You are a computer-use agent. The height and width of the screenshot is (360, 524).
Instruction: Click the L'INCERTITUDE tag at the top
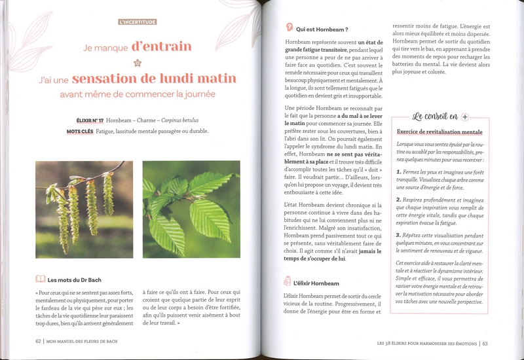(138, 22)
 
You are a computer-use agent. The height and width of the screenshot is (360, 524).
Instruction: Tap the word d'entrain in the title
(161, 46)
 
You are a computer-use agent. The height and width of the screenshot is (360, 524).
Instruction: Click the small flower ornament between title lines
(138, 63)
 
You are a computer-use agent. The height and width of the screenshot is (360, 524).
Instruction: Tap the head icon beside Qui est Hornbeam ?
(289, 28)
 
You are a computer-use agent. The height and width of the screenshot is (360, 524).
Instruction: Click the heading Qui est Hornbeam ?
(322, 29)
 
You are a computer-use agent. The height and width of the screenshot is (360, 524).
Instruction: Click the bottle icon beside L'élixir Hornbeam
(288, 281)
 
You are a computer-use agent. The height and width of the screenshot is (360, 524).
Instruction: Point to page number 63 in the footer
(485, 341)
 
